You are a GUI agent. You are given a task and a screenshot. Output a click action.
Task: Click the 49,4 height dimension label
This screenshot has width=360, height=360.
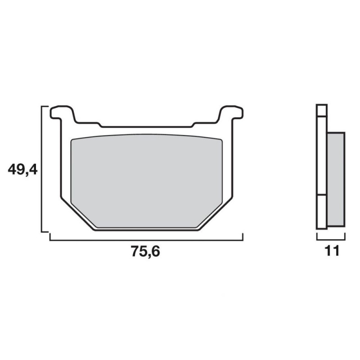(22, 170)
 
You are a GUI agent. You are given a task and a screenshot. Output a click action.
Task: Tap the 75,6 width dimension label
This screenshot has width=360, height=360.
(145, 252)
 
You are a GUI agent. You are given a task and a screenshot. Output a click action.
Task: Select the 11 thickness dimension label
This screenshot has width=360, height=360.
(332, 251)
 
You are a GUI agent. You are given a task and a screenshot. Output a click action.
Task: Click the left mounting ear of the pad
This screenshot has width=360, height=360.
(62, 114)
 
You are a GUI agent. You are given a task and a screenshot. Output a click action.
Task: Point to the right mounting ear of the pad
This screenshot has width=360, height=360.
(231, 114)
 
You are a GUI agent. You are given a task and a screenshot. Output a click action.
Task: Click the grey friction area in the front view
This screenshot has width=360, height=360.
(147, 181)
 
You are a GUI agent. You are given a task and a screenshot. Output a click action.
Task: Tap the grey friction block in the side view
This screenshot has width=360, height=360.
(336, 179)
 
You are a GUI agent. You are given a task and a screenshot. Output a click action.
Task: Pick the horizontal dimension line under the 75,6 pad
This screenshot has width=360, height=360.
(146, 240)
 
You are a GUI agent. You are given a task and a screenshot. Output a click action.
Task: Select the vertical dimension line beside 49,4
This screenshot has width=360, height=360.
(41, 169)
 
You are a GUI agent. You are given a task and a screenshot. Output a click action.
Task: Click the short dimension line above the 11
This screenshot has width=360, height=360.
(331, 240)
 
